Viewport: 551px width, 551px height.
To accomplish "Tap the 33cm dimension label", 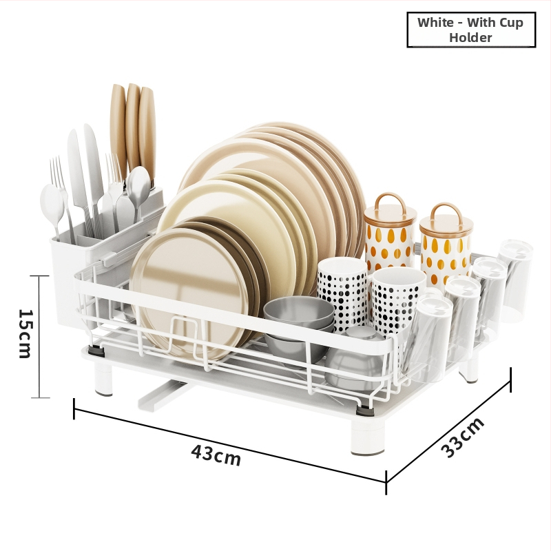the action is [462, 437].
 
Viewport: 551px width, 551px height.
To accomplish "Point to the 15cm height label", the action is [25, 333].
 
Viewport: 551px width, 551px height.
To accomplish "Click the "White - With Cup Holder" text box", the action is [471, 30].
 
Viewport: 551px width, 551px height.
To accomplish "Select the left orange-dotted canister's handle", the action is [390, 201].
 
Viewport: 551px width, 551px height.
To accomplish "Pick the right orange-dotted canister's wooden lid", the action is [446, 218].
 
